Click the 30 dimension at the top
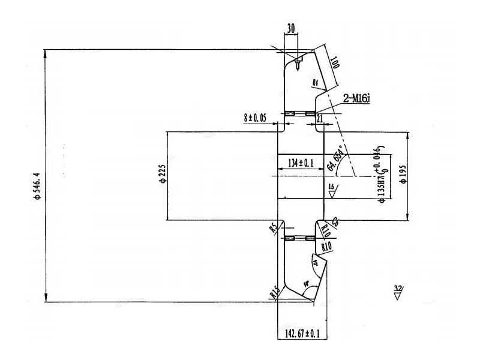pyautogui.click(x=290, y=28)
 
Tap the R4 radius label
pyautogui.click(x=316, y=82)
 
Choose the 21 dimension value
pyautogui.click(x=319, y=119)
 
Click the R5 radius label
pyautogui.click(x=274, y=228)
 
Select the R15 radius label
pyautogui.click(x=275, y=293)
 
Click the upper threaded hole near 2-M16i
pyautogui.click(x=300, y=114)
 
